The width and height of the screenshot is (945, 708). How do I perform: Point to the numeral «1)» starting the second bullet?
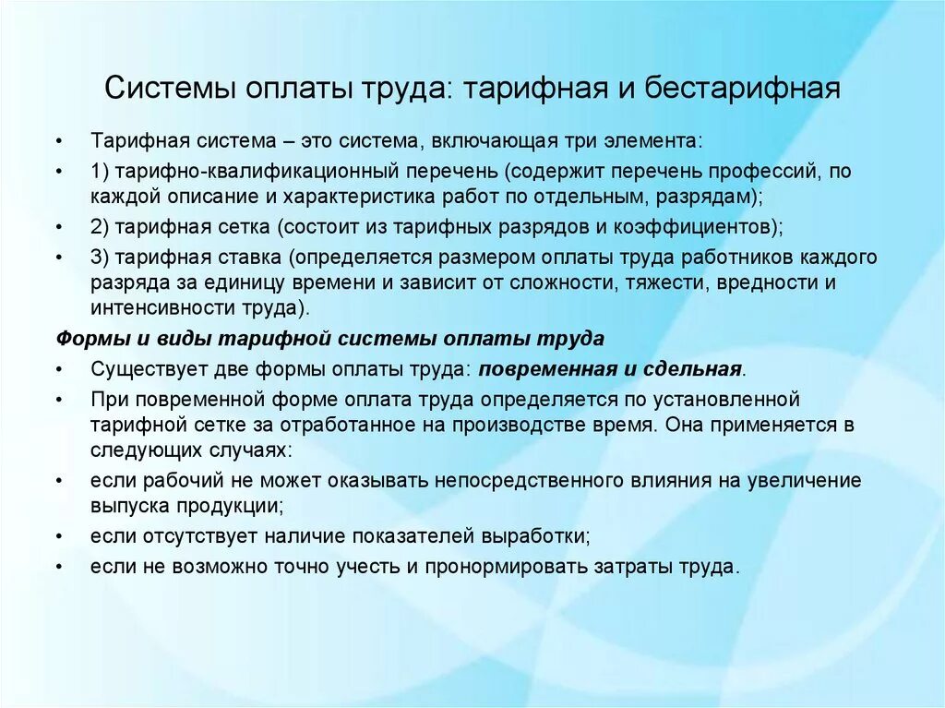100,171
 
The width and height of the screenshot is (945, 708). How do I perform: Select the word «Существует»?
144,369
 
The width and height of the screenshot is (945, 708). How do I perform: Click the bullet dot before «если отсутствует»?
60,536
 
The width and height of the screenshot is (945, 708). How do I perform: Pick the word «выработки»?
538,536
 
